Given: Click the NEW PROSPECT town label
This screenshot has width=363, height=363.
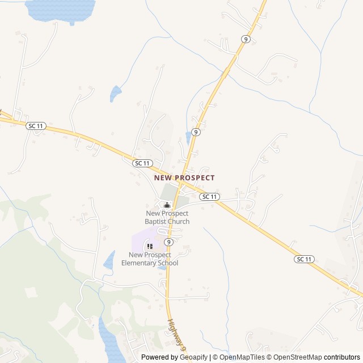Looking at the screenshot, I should coord(184,178).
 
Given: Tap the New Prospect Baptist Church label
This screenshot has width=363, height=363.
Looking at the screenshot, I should coord(167,217).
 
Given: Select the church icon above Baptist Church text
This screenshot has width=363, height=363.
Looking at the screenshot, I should coord(167,205).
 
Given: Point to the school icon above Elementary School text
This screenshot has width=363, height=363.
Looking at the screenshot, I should coord(150,246).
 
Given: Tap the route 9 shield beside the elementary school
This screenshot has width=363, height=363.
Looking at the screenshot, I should coord(168,242).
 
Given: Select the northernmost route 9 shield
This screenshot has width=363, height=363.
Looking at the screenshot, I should coord(246,39).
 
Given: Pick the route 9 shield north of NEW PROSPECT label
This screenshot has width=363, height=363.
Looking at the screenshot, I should coord(195,132).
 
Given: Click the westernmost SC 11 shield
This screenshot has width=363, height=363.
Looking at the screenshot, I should coord(36,125).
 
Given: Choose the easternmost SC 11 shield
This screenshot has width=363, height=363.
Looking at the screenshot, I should coord(304,259).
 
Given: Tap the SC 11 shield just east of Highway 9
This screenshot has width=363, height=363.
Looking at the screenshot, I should coord(210,196).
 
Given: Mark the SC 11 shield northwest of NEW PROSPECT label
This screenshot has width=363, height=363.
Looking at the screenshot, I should coord(142,163).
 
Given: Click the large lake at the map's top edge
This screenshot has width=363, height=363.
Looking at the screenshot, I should coord(60,10).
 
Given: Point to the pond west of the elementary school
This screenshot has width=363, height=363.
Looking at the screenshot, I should coord(109,260).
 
